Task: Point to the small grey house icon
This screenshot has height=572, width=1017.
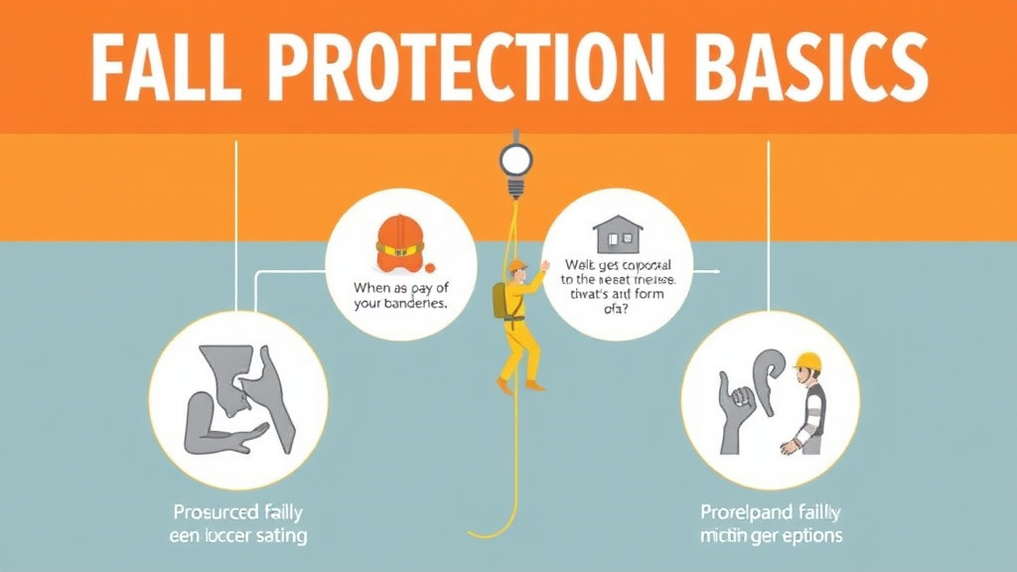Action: click(x=616, y=234)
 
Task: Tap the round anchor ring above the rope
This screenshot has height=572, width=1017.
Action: click(x=515, y=159)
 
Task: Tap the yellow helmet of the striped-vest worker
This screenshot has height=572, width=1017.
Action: click(x=808, y=361)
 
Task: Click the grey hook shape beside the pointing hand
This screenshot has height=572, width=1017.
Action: click(x=770, y=377)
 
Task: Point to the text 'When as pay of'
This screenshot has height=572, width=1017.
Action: click(x=400, y=288)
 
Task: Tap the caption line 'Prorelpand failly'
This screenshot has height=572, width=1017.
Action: click(x=769, y=512)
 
